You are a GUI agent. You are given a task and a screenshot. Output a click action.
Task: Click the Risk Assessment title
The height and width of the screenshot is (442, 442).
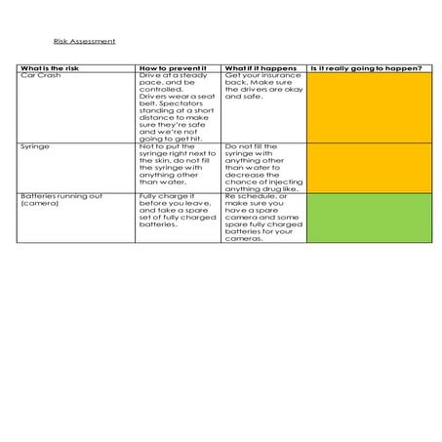(85, 41)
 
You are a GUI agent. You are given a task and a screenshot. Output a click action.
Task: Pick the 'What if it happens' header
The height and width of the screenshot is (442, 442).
(260, 68)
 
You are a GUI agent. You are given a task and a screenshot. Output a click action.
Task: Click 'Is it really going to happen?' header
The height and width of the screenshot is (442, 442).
(366, 68)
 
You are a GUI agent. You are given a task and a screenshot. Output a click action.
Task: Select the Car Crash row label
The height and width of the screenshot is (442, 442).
(38, 75)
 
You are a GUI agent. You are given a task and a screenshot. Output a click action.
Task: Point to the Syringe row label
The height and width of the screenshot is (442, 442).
(34, 144)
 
